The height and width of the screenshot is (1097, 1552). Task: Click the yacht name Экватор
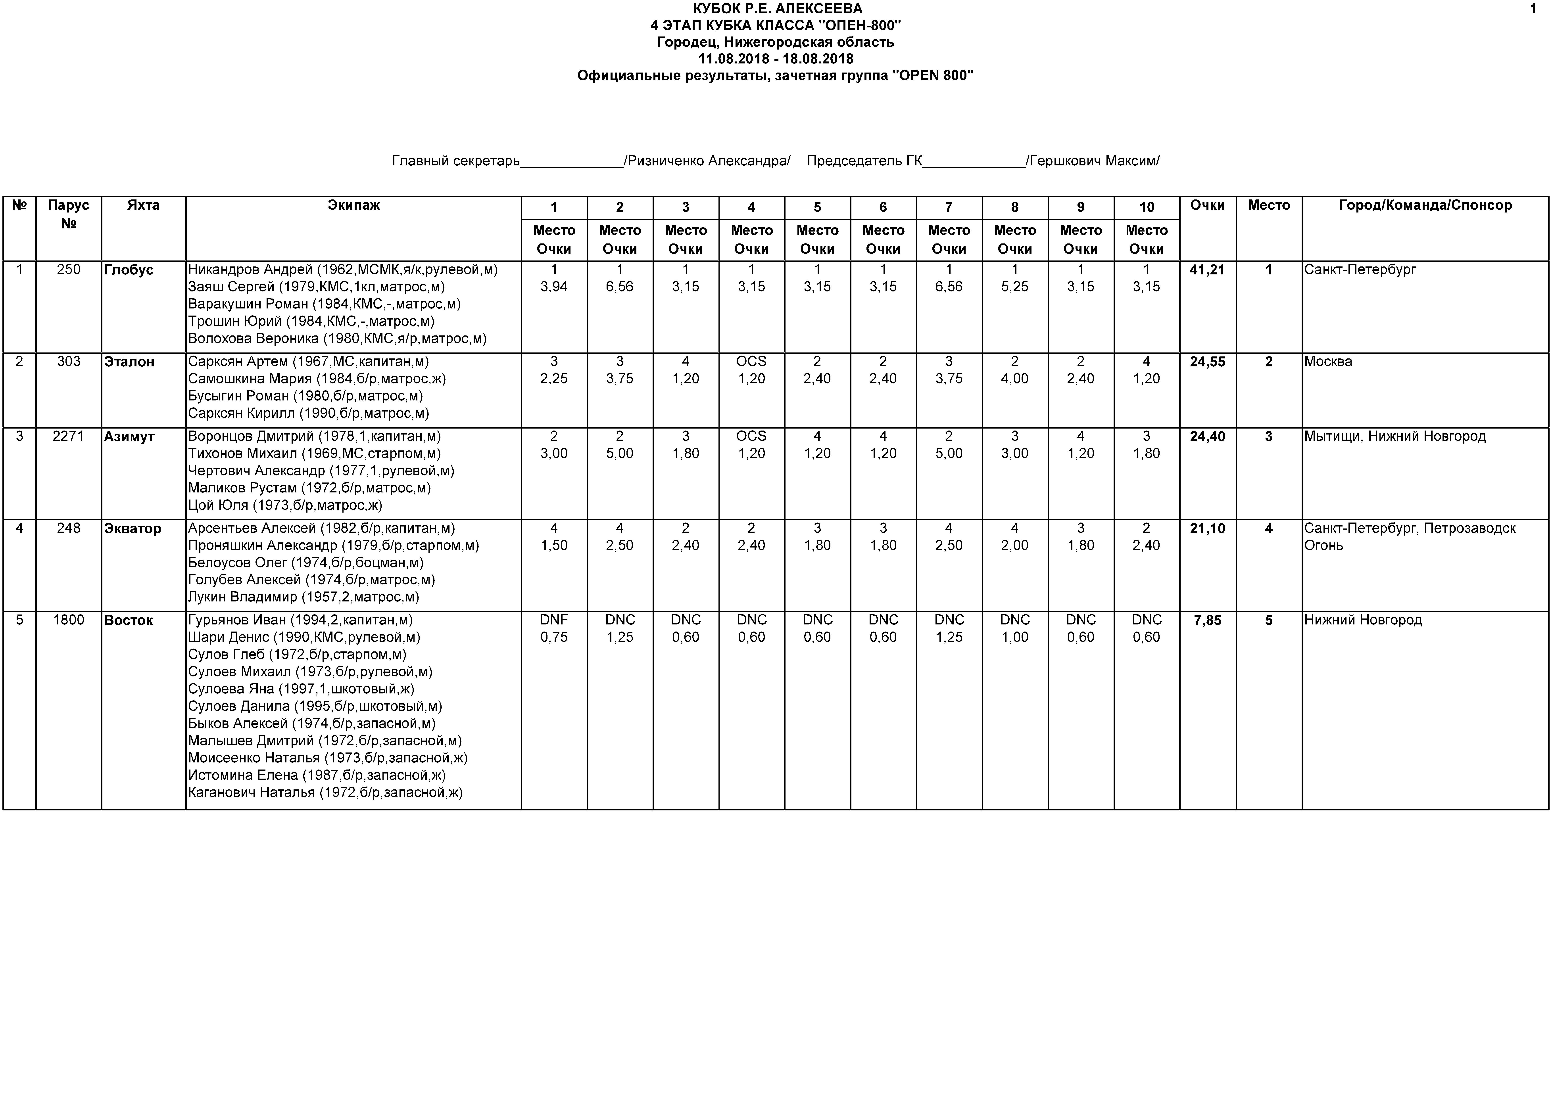(x=133, y=528)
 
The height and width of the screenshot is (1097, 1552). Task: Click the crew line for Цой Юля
(x=284, y=505)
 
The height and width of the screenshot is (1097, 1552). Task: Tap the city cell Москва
(x=1328, y=362)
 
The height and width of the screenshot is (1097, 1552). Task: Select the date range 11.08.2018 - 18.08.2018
(x=775, y=59)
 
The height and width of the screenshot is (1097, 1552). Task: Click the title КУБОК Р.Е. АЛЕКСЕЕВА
(x=777, y=9)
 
